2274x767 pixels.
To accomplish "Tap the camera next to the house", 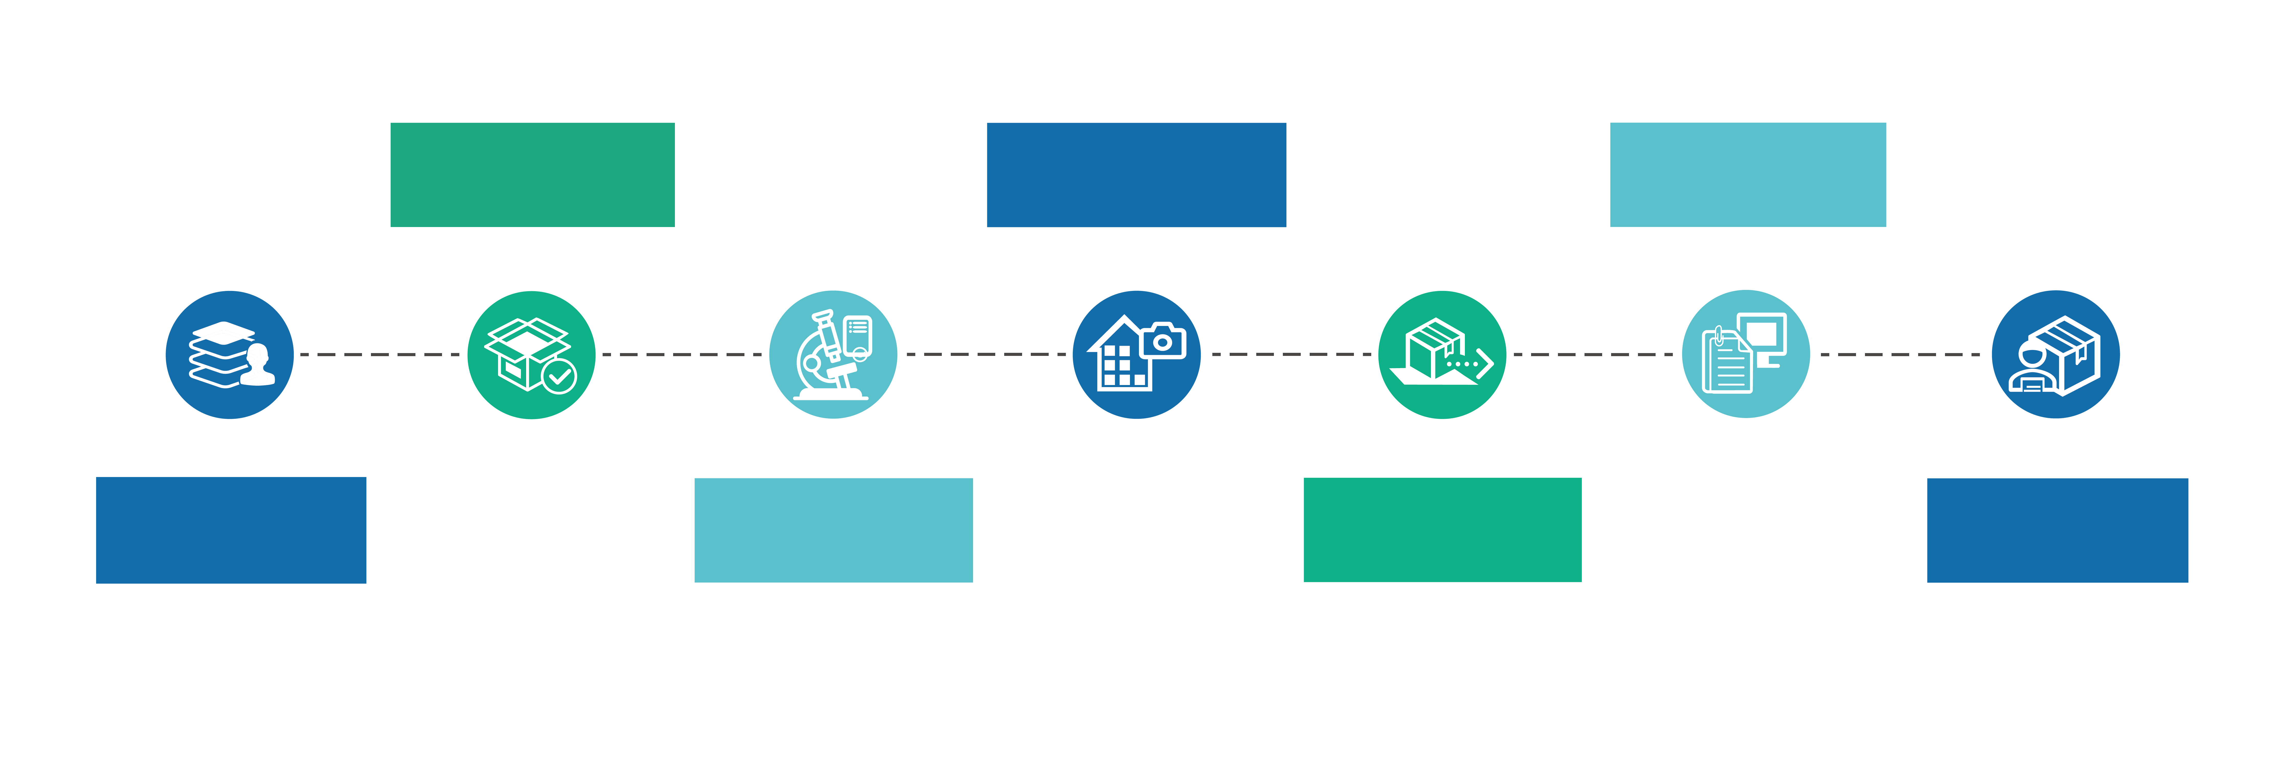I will tap(1163, 341).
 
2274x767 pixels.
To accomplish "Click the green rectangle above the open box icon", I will tap(532, 175).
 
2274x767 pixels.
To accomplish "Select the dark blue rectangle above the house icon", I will tap(1136, 175).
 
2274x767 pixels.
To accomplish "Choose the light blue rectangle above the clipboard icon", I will tap(1748, 175).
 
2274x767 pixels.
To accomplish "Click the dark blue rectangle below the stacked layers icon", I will tap(231, 529).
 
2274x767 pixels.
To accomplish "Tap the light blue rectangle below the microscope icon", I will tap(833, 529).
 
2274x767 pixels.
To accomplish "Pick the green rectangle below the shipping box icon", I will tap(1442, 529).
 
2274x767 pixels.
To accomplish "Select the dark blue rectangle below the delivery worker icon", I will tap(2057, 529).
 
